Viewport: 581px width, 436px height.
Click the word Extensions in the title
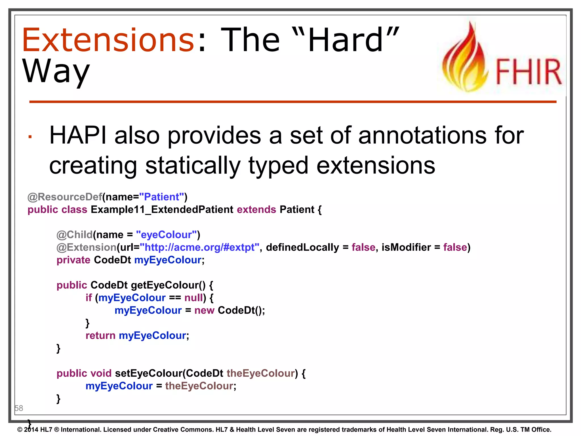(x=108, y=40)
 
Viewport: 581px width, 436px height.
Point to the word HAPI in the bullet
(x=78, y=136)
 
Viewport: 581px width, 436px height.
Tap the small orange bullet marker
(x=30, y=137)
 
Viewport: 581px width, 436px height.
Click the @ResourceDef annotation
(x=65, y=197)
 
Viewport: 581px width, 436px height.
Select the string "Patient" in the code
(x=162, y=197)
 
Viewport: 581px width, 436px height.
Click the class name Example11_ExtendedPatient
(x=162, y=209)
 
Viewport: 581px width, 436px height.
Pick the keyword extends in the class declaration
(x=256, y=209)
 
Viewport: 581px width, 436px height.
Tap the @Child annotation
(x=75, y=235)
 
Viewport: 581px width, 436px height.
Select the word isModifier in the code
(x=406, y=247)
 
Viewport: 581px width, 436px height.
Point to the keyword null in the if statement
(x=194, y=298)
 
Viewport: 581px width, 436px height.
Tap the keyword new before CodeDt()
(x=204, y=310)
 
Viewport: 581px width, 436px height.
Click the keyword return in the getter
(x=100, y=336)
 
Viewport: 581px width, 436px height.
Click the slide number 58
(x=19, y=408)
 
